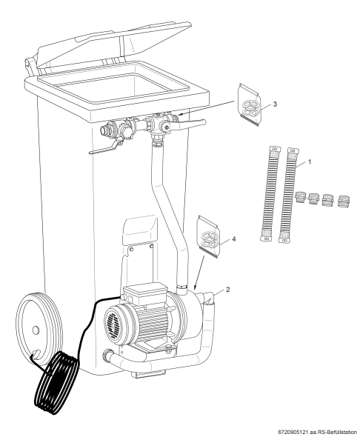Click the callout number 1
tap(309, 161)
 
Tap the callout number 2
tap(228, 290)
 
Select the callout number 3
tap(275, 104)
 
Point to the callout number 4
tap(234, 239)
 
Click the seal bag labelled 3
tap(250, 104)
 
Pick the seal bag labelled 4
tap(208, 236)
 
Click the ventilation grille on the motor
tap(115, 322)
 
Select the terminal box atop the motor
tap(144, 294)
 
